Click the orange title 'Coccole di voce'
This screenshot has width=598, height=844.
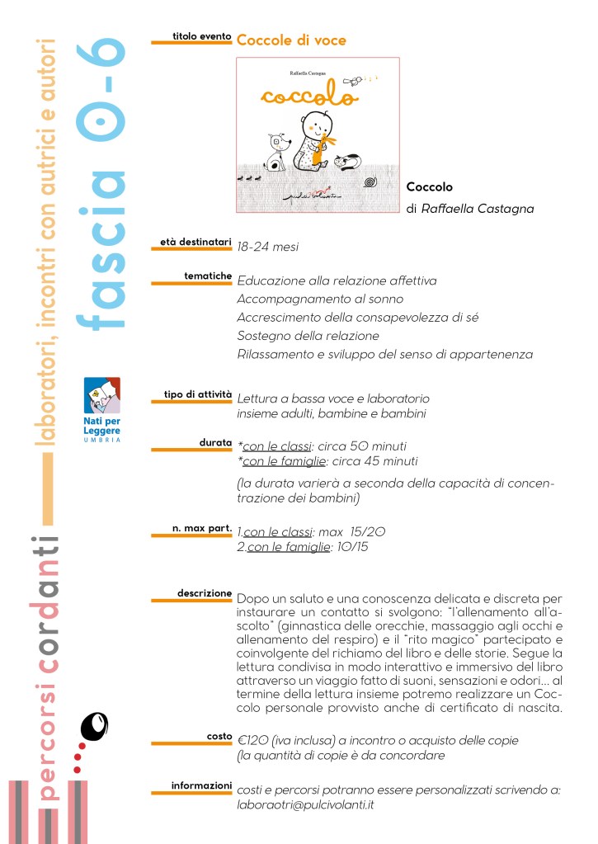(291, 40)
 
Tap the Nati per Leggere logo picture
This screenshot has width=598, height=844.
(101, 396)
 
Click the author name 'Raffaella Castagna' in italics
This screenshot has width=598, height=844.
(477, 209)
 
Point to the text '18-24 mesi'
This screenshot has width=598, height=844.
(267, 247)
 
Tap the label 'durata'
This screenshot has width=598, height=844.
(215, 442)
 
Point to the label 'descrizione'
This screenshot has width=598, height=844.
(205, 592)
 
